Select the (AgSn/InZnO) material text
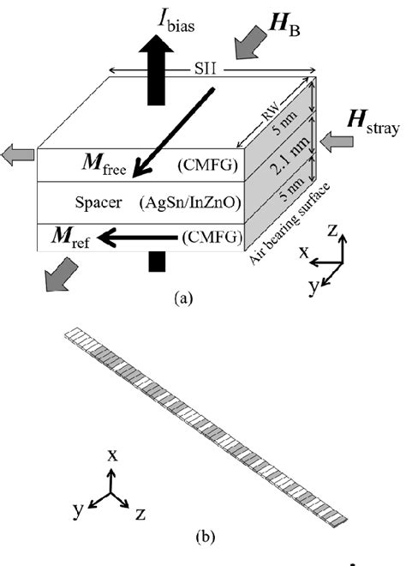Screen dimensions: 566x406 coord(190,203)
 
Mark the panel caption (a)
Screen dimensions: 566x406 coord(182,298)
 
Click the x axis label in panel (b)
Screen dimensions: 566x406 coord(111,455)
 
